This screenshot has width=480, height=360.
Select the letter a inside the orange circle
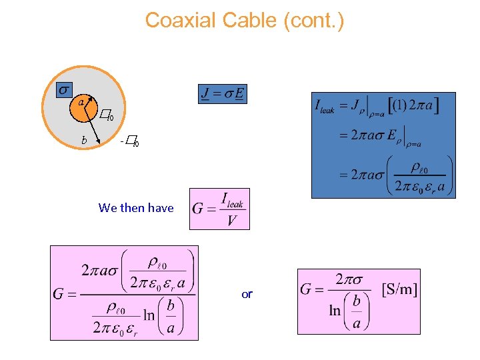click(x=81, y=103)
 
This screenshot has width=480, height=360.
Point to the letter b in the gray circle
click(x=84, y=140)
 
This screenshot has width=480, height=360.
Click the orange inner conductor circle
click(x=83, y=109)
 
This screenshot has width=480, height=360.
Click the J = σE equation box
click(x=222, y=94)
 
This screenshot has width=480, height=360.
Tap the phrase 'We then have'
click(x=136, y=208)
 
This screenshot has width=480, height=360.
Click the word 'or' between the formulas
click(x=247, y=294)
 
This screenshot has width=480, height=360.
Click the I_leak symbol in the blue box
click(x=326, y=108)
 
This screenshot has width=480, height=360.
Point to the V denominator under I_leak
click(x=231, y=219)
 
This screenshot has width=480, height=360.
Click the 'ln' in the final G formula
click(x=335, y=311)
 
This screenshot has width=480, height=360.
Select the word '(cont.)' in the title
click(x=313, y=21)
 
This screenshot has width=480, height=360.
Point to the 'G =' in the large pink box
click(x=65, y=293)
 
